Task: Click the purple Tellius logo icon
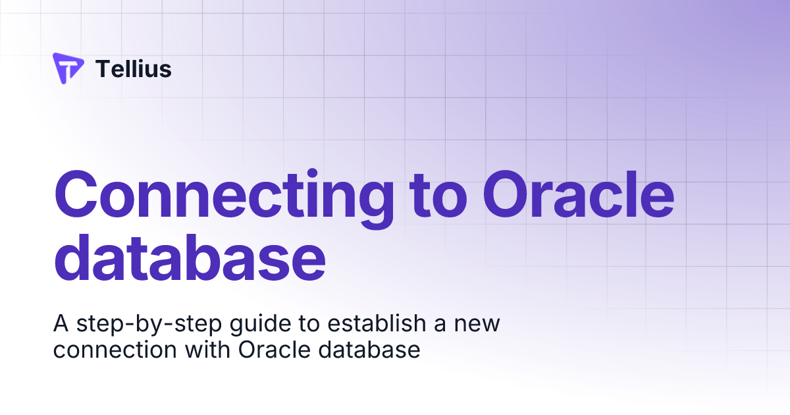68,68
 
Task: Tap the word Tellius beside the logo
134,69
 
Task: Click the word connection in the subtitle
112,350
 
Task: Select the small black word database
369,350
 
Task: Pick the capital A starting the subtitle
61,324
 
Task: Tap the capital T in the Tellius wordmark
102,69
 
